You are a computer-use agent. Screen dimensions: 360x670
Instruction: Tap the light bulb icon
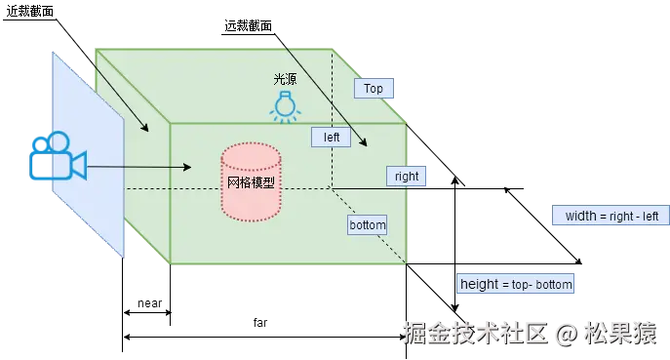click(x=284, y=106)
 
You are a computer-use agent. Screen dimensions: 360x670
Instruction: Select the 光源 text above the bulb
click(x=284, y=79)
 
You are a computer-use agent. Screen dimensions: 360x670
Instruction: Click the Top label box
click(x=374, y=88)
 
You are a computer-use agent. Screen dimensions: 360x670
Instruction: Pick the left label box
click(x=332, y=137)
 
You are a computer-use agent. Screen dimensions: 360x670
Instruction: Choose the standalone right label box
click(x=406, y=177)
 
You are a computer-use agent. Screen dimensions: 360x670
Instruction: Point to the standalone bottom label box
click(x=368, y=224)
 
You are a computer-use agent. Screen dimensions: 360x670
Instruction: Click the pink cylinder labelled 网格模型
click(x=251, y=182)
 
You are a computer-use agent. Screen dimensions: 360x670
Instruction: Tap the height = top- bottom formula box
click(x=516, y=285)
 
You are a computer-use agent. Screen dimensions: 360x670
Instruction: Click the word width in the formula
click(x=581, y=216)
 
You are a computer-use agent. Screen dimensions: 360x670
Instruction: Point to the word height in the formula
click(x=479, y=285)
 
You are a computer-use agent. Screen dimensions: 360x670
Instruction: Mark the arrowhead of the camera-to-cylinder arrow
click(x=190, y=167)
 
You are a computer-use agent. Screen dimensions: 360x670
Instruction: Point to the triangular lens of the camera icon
click(x=78, y=165)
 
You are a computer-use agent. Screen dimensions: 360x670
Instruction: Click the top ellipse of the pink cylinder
click(x=251, y=154)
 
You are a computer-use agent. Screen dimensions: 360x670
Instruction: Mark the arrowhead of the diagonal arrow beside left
click(x=365, y=144)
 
